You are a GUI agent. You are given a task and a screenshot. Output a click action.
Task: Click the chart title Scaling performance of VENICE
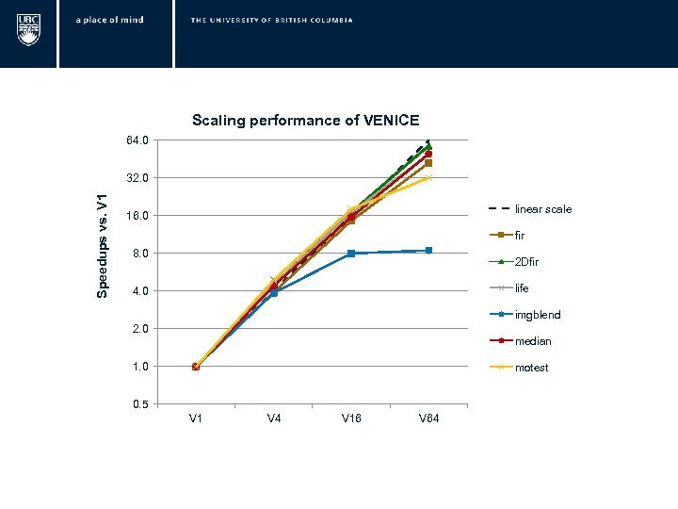pos(305,121)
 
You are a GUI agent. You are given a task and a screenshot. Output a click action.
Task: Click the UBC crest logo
pos(28,28)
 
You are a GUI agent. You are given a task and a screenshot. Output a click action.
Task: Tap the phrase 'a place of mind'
pos(110,20)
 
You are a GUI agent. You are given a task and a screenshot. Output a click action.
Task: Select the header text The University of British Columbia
pos(271,20)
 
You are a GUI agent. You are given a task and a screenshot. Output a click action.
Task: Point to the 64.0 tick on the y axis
pos(137,140)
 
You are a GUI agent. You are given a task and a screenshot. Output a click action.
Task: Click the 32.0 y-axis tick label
pos(137,178)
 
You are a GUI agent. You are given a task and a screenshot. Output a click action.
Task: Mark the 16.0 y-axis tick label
pos(137,216)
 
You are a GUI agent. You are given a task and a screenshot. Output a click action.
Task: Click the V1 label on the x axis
pos(196,419)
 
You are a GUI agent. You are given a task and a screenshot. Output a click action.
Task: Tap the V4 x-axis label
pos(274,419)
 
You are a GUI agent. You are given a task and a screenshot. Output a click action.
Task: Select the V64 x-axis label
pos(428,419)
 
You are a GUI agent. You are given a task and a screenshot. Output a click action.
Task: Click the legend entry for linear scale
pos(542,209)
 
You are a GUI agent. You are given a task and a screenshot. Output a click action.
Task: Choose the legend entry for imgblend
pos(538,315)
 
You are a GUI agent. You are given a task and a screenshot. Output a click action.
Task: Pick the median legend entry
pos(533,341)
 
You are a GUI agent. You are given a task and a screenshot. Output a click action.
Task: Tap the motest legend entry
pos(531,368)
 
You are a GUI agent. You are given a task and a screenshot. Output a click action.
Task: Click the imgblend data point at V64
pos(428,251)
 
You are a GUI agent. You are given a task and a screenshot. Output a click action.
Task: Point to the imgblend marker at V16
pos(351,254)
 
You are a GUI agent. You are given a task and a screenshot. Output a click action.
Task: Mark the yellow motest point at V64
pos(428,177)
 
